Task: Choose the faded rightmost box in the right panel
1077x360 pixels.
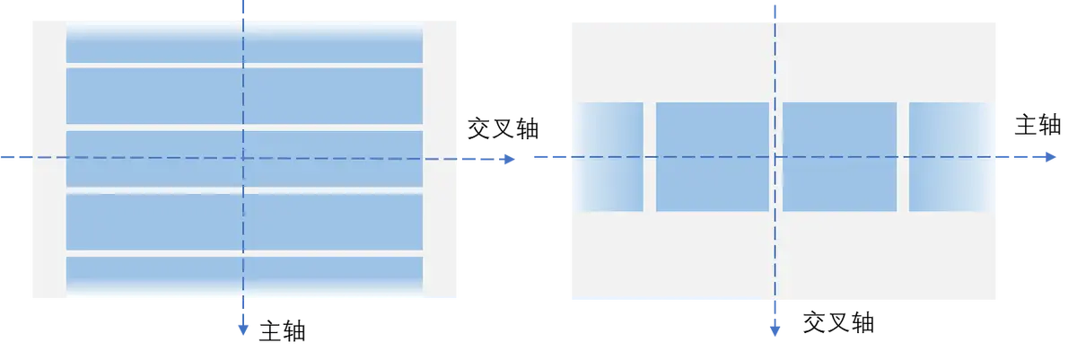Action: pos(948,157)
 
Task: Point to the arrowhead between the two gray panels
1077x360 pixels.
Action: pos(509,160)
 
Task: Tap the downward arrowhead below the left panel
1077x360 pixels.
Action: pos(242,329)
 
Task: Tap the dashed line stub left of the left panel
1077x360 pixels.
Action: pos(14,158)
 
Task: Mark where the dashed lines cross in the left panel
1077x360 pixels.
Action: pos(243,158)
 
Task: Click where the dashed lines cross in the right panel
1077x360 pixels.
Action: pos(775,158)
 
